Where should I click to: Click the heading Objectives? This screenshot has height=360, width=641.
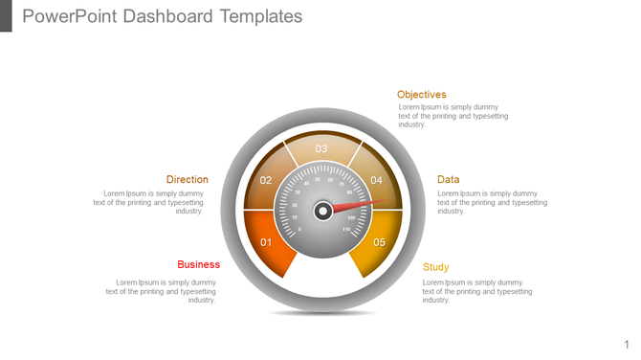click(x=422, y=95)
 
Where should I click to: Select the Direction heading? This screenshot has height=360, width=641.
click(x=187, y=179)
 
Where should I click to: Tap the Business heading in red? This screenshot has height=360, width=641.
click(x=198, y=264)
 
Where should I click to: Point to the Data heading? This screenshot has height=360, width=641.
click(x=448, y=179)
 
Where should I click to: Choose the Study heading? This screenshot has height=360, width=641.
click(x=435, y=267)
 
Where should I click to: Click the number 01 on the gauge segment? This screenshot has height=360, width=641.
click(x=268, y=242)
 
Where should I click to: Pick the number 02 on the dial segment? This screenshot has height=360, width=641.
click(x=266, y=181)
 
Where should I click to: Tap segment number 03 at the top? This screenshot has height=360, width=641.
click(x=321, y=148)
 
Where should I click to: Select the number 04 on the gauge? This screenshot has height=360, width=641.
click(x=377, y=181)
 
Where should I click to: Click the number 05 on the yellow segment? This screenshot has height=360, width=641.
click(x=380, y=242)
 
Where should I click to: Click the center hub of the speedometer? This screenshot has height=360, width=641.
click(x=323, y=210)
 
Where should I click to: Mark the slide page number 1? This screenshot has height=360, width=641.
click(x=628, y=344)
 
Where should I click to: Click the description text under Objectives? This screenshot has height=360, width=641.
click(x=453, y=116)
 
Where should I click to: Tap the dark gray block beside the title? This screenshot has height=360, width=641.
click(x=6, y=15)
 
